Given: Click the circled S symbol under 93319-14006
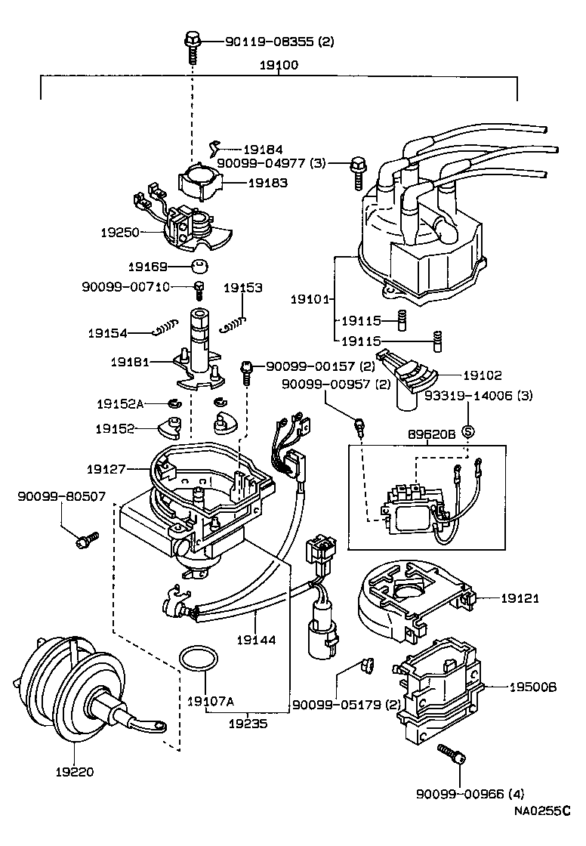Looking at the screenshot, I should pyautogui.click(x=467, y=431).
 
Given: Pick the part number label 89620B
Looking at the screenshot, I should pyautogui.click(x=428, y=437).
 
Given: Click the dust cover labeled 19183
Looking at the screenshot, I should pyautogui.click(x=201, y=183).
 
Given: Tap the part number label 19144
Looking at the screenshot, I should pyautogui.click(x=255, y=639).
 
